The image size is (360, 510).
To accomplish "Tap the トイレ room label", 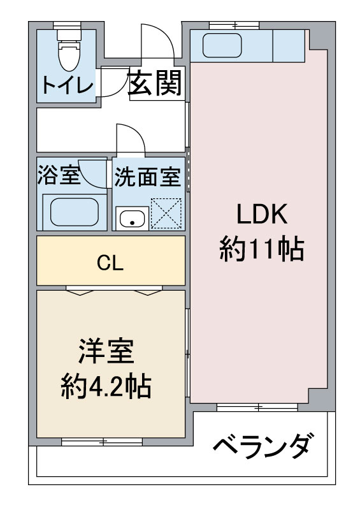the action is click(x=68, y=85).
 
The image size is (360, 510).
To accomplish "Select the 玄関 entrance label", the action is click(x=155, y=83).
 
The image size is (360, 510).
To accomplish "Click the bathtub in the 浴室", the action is click(x=74, y=211).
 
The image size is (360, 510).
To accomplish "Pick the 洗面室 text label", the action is click(x=147, y=177).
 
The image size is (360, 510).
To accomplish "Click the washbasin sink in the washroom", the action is click(x=132, y=219).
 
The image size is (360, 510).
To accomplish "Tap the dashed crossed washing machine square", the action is click(x=166, y=213).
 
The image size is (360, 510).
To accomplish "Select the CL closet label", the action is click(x=110, y=263).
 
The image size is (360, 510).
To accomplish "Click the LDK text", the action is click(x=262, y=214).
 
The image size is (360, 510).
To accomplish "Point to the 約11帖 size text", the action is click(x=262, y=249).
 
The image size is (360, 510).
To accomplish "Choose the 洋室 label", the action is click(x=106, y=352).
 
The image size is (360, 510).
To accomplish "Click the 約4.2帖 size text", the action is click(x=106, y=387).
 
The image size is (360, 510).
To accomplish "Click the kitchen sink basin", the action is click(x=222, y=45).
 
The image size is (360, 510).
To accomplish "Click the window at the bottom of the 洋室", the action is click(x=102, y=442).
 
